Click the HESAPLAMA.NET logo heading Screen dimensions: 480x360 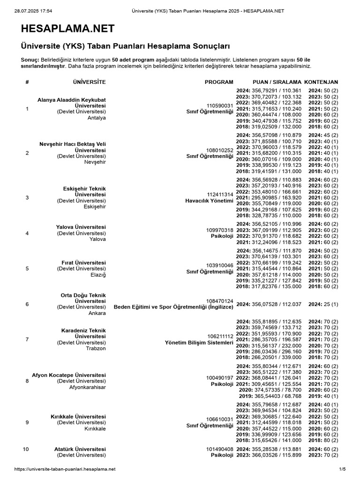(x=67, y=29)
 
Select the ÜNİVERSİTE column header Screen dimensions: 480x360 (x=90, y=82)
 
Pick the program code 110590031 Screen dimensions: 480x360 (x=220, y=106)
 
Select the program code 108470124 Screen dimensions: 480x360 (x=220, y=301)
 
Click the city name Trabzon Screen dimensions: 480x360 (x=96, y=349)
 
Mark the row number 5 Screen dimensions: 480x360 (x=27, y=269)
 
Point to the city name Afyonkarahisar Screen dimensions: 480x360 (x=87, y=387)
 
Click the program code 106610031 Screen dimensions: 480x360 (x=220, y=419)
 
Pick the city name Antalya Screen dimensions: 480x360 (x=96, y=118)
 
